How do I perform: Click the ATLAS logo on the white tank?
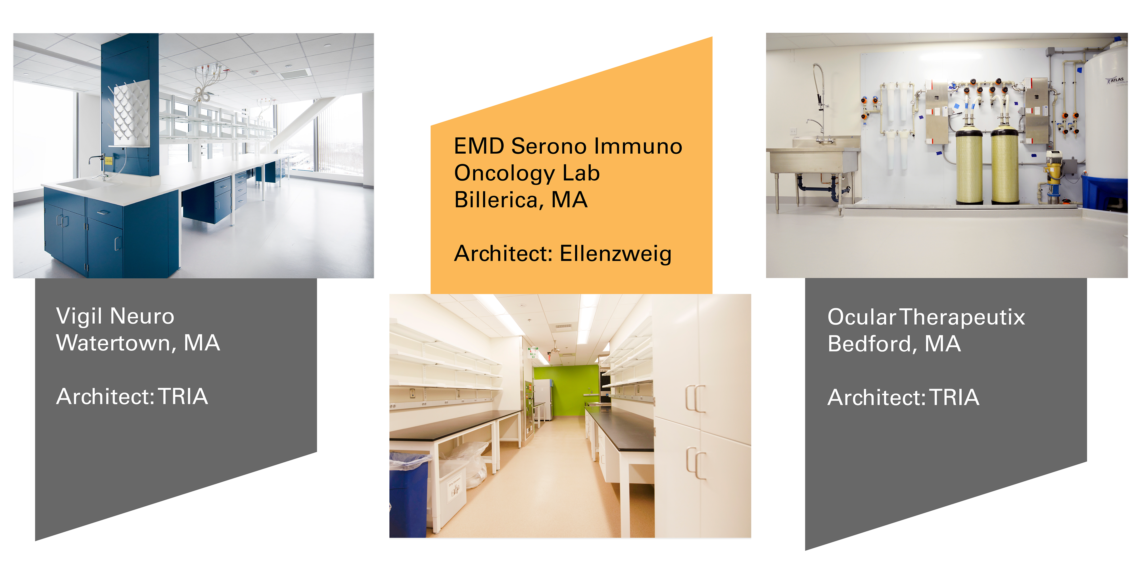click(1114, 80)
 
